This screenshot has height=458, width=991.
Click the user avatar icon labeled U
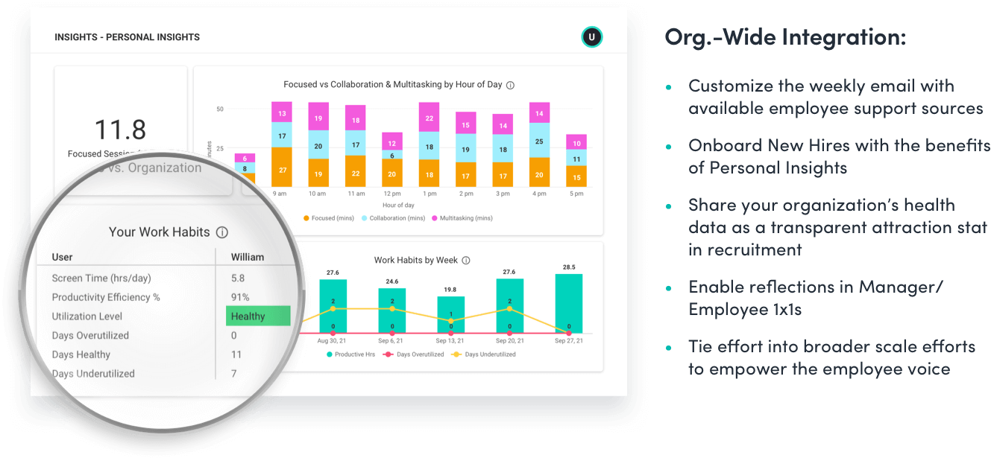591,37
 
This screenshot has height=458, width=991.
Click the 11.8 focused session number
120,130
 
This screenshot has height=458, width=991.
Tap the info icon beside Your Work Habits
221,232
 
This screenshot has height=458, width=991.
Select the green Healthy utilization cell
258,316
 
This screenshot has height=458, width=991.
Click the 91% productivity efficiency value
241,297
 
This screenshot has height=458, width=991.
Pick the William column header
248,257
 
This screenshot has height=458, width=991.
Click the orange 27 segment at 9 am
281,170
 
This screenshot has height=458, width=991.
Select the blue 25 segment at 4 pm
539,141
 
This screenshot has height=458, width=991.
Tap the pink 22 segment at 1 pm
429,118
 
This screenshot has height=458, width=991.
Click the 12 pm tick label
392,194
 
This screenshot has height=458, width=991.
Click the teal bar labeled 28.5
568,304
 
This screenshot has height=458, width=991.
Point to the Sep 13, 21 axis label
450,340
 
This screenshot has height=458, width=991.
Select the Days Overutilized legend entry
417,354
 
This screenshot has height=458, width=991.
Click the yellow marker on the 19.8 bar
450,321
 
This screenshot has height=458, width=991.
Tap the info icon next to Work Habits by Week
466,261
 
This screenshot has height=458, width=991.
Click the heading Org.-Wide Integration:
785,38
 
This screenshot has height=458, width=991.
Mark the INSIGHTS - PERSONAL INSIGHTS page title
127,37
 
